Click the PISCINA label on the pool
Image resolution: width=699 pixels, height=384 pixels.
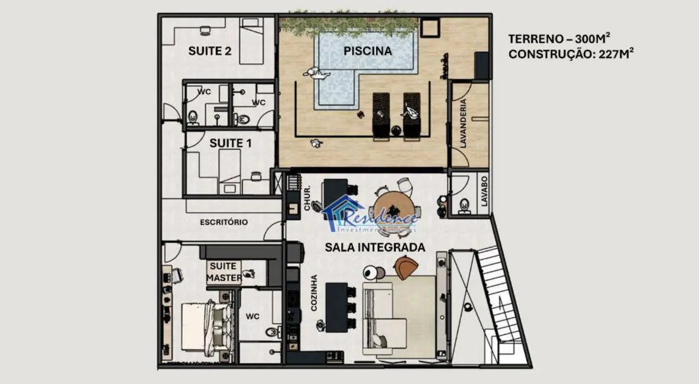[367, 51]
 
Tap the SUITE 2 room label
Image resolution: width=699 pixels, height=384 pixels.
[209, 51]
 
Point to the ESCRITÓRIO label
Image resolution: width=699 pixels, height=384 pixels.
[224, 222]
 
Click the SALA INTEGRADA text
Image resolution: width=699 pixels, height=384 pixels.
[375, 248]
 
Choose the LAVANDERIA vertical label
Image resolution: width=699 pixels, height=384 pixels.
[464, 123]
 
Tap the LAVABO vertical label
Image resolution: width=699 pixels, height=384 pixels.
[484, 191]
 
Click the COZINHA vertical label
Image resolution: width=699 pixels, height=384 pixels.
[313, 293]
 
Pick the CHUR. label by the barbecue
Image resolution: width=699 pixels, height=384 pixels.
[308, 201]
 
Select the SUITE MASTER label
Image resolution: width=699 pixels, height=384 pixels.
[224, 272]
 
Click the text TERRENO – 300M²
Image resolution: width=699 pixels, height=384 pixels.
[559, 39]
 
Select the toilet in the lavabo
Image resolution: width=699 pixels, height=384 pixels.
[464, 205]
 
